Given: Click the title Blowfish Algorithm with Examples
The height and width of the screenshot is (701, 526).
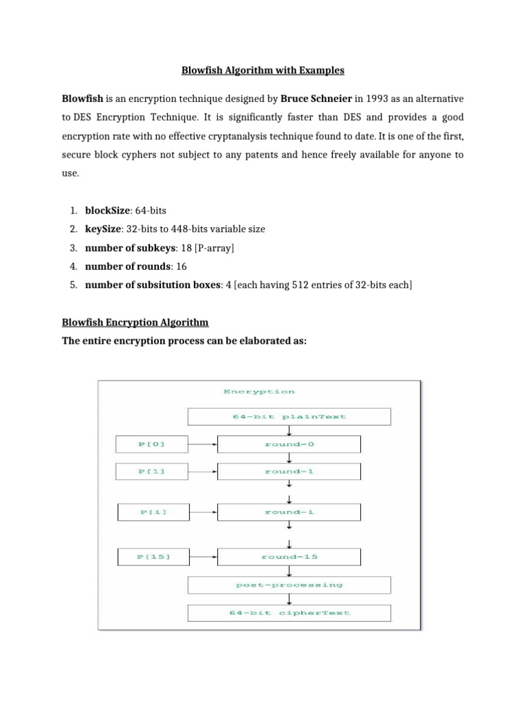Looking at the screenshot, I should [x=262, y=70].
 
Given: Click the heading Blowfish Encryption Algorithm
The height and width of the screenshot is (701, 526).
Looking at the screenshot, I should [x=135, y=322].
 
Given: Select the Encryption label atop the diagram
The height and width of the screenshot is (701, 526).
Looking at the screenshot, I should [x=259, y=392].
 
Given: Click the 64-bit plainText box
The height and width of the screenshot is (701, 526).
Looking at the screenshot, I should [x=289, y=416].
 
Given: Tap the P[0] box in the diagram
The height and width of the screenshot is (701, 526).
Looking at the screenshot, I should [x=151, y=444].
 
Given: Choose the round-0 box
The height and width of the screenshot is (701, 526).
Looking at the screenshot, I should [x=288, y=444].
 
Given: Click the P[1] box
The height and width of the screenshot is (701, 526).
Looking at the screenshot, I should [x=151, y=472].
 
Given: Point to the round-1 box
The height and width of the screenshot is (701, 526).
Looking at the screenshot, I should [x=288, y=472].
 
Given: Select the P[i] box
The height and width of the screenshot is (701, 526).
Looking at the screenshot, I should [x=151, y=512].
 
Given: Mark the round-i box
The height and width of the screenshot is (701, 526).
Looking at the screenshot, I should [x=288, y=512].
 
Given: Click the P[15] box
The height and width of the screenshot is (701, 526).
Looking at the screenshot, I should [x=151, y=557].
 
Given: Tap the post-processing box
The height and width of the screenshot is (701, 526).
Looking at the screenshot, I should [x=289, y=585].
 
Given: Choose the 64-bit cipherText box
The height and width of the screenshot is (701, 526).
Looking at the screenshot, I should [x=289, y=613].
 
